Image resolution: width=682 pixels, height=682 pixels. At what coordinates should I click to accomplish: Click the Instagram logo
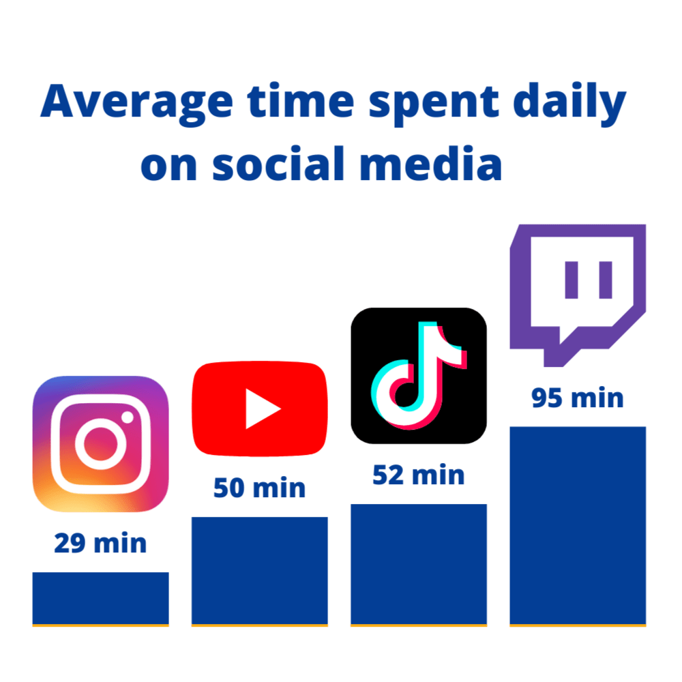100,444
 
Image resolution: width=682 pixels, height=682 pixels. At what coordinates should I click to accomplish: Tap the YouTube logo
260,409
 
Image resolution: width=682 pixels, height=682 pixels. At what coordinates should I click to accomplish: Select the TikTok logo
419,375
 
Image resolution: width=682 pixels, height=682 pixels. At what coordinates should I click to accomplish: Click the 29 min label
100,543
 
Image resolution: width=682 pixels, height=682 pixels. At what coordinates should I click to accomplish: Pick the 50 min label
259,488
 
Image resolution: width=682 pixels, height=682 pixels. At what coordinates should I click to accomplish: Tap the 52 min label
419,475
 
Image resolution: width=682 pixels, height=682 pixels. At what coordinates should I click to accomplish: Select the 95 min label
577,398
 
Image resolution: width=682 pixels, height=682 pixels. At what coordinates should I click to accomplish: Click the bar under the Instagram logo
100,599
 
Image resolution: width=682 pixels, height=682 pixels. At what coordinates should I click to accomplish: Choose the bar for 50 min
260,572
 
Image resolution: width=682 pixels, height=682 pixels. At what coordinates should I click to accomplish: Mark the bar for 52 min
419,565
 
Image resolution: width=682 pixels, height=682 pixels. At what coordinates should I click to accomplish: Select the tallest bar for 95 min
578,527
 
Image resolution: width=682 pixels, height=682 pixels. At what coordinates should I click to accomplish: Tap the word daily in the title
569,103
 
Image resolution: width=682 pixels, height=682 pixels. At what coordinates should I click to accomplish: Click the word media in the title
430,163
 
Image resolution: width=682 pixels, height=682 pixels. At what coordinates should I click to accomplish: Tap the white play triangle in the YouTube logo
261,409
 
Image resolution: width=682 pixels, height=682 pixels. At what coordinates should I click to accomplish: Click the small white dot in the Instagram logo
128,417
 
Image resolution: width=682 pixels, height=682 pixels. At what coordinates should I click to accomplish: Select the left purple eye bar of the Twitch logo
571,280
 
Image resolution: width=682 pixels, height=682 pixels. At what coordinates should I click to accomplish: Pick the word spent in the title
433,104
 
